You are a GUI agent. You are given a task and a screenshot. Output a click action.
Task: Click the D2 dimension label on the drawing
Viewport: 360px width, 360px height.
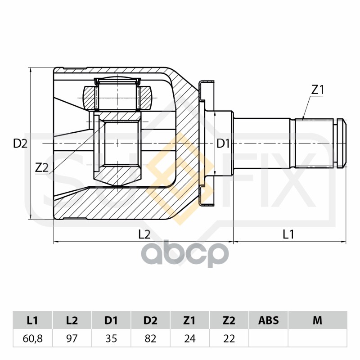(20, 144)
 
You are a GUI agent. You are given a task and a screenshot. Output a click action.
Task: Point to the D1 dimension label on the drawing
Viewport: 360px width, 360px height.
(224, 144)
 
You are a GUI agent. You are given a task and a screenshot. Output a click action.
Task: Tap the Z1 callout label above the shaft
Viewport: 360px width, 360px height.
(318, 90)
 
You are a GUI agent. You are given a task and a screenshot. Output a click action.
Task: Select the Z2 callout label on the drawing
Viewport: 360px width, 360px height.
(41, 167)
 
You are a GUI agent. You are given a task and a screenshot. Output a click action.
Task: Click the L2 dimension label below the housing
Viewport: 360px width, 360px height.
(144, 234)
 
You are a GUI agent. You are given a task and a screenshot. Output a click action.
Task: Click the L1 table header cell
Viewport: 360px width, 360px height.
(32, 320)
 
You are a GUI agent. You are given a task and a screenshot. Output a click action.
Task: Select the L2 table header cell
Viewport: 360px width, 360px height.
(72, 320)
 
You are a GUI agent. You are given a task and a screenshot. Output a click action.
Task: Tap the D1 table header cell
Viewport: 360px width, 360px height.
(111, 320)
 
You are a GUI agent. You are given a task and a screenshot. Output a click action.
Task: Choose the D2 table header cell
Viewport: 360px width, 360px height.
(150, 320)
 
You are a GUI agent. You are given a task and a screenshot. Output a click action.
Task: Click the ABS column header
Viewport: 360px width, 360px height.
(268, 320)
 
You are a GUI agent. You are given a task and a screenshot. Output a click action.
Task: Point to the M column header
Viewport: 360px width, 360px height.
(317, 320)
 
